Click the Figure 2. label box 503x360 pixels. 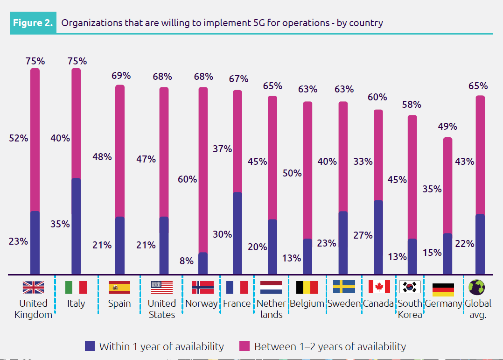tap(33, 23)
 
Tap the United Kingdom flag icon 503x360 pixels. tap(33, 287)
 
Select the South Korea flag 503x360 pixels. tap(410, 287)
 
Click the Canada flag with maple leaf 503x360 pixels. tap(379, 287)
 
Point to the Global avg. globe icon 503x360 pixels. tap(476, 287)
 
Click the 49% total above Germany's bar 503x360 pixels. tap(447, 127)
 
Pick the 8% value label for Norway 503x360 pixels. tap(187, 261)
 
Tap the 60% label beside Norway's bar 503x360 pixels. tap(187, 179)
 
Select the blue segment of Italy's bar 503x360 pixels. tap(76, 226)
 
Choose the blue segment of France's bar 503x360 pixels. tap(237, 233)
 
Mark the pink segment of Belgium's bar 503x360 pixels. tap(307, 170)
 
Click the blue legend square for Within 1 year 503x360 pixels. tap(90, 346)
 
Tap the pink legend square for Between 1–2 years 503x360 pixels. tap(245, 346)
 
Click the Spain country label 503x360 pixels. tap(119, 304)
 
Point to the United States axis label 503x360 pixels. tap(162, 309)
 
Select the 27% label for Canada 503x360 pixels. tap(363, 235)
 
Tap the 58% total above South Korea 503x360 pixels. tap(412, 105)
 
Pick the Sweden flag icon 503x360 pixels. tap(344, 287)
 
